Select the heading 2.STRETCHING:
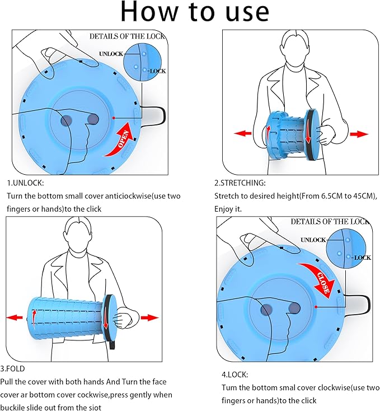pos(240,183)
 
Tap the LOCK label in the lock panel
pos(362,258)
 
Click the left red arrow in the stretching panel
pos(242,133)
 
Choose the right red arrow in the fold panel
pos(149,317)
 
